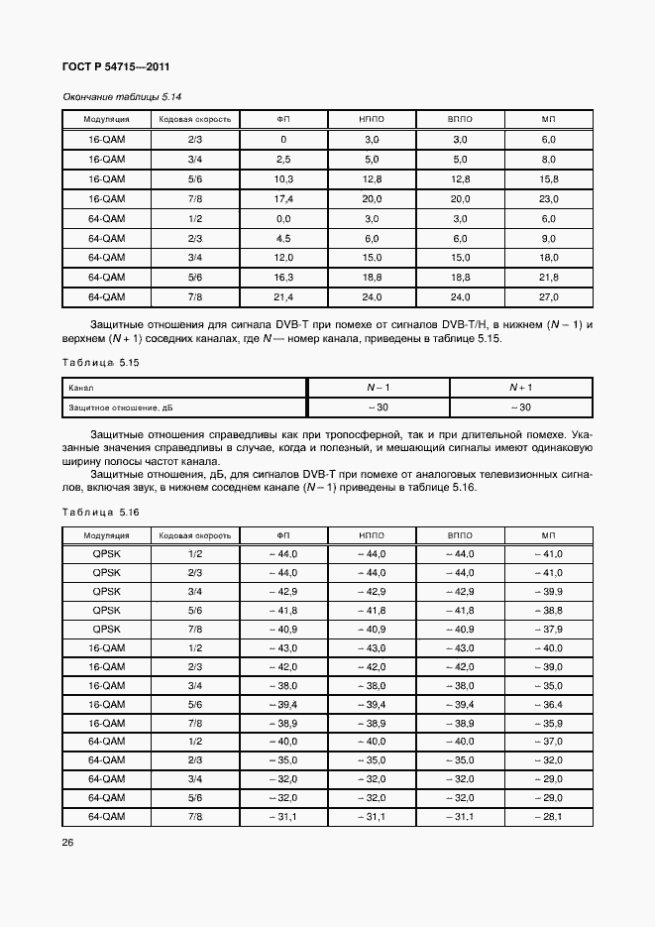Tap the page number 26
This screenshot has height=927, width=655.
click(67, 843)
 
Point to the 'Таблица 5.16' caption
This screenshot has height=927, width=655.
click(100, 512)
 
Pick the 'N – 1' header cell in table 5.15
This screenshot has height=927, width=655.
click(379, 387)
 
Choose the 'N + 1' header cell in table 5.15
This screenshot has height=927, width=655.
click(521, 387)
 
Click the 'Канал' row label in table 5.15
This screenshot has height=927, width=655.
click(79, 388)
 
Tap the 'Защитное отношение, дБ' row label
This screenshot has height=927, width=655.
click(112, 407)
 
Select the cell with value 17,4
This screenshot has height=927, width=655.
click(283, 199)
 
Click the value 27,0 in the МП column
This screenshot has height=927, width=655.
click(549, 296)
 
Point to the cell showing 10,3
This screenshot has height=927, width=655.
click(283, 179)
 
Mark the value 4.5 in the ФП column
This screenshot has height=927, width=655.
click(283, 238)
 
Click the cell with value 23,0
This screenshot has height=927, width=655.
click(549, 199)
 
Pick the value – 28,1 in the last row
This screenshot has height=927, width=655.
click(549, 816)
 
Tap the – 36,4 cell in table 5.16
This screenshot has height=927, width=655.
click(549, 703)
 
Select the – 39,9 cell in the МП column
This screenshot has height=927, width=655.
click(549, 591)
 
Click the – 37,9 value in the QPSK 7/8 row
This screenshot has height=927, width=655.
click(549, 629)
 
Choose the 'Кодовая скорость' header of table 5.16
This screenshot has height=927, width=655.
click(195, 535)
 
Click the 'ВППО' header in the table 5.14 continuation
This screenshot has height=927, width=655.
click(461, 120)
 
